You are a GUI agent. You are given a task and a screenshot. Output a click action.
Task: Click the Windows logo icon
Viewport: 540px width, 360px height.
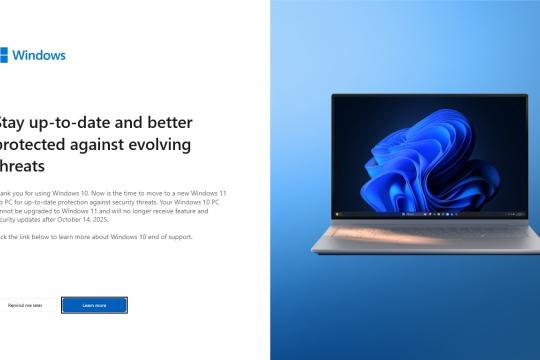click(x=3, y=55)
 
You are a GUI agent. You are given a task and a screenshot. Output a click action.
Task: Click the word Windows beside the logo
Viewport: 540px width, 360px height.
click(x=39, y=55)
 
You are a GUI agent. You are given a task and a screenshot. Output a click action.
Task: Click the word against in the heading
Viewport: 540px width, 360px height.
click(x=101, y=145)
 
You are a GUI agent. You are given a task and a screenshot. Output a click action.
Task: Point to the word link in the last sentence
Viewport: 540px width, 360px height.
click(x=33, y=237)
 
